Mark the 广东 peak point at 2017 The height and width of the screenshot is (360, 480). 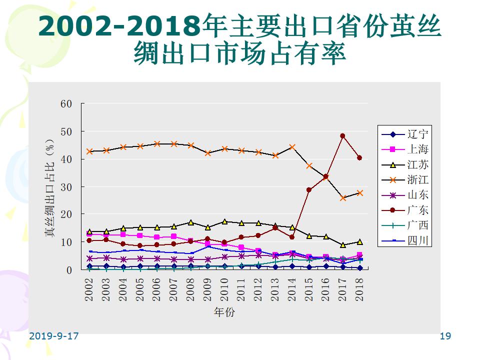pos(342,135)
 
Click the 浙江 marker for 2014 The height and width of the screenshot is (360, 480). pos(292,147)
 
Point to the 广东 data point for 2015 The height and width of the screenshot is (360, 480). pos(309,190)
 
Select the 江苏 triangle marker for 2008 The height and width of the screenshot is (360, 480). pos(190,222)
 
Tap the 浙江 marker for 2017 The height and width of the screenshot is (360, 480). pos(342,198)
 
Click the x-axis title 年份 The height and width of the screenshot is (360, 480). pos(224,312)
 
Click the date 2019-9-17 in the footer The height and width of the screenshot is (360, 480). pos(54,336)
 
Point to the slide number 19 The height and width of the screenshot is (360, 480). pos(445,336)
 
